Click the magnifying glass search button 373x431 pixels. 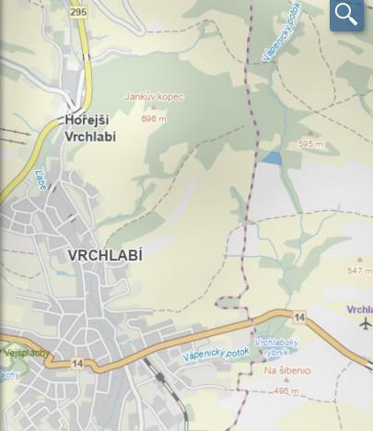coord(346,14)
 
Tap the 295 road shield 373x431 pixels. coord(78,11)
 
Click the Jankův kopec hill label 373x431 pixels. coord(154,97)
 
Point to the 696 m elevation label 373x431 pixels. coord(154,119)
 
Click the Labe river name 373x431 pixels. coord(41,181)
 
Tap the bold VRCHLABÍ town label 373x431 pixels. coord(105,255)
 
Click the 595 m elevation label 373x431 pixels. coord(309,145)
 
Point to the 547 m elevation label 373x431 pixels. coord(359,272)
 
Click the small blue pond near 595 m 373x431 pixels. coord(271,158)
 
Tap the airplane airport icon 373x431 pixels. coord(366,324)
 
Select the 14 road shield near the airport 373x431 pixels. coord(299,318)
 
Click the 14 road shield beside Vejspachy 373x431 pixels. coord(77,365)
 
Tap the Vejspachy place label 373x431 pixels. coord(26,353)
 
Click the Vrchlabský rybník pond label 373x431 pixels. coord(276,347)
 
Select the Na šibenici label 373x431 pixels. coord(287,371)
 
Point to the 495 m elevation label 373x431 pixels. coord(286,391)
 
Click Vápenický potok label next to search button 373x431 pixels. coord(282,33)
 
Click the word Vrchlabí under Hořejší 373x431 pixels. coord(90,136)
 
